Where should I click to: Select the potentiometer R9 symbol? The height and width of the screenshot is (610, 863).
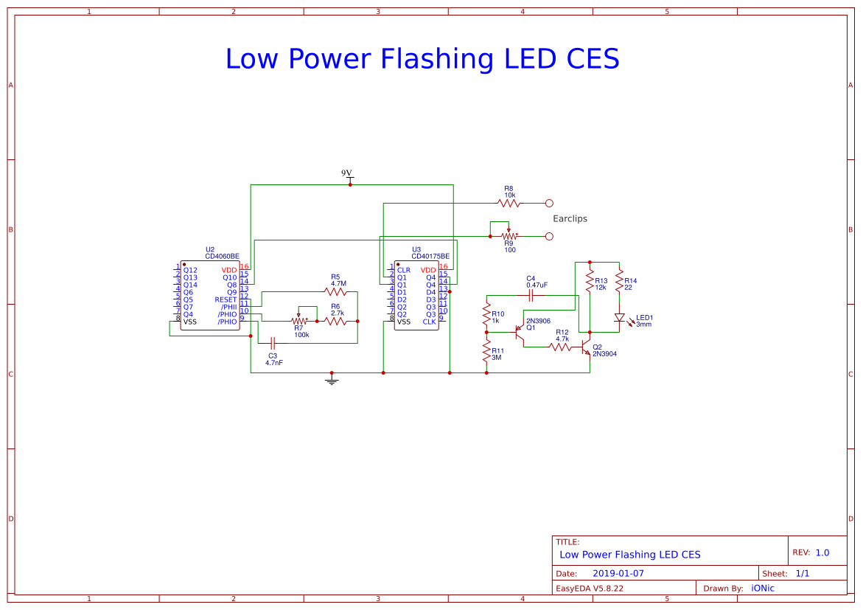pos(509,236)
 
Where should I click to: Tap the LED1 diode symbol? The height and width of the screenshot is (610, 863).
pos(619,318)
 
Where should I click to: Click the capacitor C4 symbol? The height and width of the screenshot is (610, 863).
pos(531,295)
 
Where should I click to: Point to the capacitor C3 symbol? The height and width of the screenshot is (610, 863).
pos(273,343)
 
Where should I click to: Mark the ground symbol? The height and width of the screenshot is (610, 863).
pos(332,380)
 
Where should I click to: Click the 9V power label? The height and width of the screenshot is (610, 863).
pos(347,173)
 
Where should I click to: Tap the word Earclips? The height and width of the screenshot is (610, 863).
pos(570,219)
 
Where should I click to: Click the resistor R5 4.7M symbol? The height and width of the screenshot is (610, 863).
pos(335,291)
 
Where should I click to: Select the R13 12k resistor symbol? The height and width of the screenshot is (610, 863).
pos(590,283)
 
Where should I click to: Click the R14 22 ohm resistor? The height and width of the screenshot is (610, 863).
pos(619,283)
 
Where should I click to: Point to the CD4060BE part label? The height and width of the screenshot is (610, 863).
pos(222,256)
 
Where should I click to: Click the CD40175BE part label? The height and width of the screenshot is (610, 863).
pos(430,256)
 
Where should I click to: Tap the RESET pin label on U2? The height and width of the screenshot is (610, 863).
pos(226,300)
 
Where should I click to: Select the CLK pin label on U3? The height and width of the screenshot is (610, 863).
pos(429,322)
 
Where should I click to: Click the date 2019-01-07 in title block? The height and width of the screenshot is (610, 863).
pos(618,573)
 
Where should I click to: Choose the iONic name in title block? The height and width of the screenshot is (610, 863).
pos(762,588)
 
